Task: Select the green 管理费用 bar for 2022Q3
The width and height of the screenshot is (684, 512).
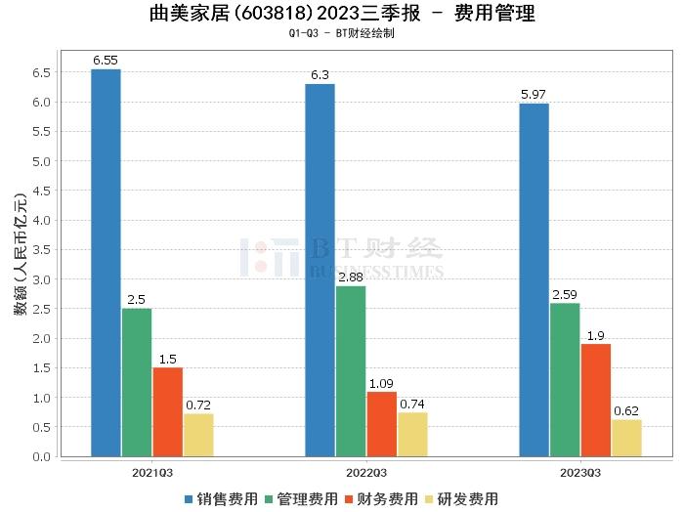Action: coord(351,370)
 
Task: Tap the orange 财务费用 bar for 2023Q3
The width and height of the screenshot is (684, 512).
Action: coord(595,400)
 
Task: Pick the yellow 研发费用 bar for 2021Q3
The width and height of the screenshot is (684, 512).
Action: coord(198,435)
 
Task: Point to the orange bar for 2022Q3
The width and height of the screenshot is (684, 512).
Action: coord(381,424)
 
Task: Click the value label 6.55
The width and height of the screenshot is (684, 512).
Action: coord(106,61)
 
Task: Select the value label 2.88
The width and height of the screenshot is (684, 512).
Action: coord(351,277)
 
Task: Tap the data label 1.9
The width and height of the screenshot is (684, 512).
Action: coord(595,335)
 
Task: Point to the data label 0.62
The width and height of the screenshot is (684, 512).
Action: coord(626,411)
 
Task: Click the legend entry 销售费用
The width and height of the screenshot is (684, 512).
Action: coord(226,498)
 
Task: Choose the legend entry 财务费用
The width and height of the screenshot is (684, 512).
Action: coord(384,498)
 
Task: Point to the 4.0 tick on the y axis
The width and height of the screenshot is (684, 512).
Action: coord(42,220)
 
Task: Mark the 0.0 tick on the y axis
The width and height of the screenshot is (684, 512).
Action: coord(42,456)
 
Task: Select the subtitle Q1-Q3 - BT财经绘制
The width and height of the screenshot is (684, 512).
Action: coord(342,33)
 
